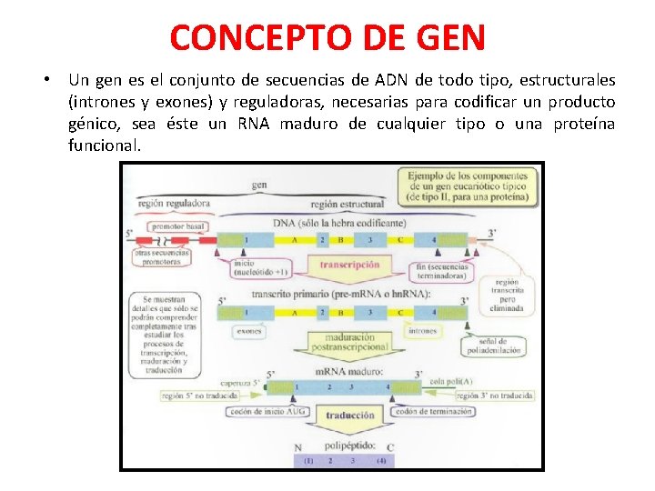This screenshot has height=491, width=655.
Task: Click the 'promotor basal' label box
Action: pyautogui.click(x=178, y=226)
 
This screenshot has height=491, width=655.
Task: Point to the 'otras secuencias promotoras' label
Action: pyautogui.click(x=162, y=256)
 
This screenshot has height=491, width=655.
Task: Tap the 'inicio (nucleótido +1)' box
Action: pyautogui.click(x=261, y=267)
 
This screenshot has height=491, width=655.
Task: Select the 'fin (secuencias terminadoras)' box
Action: pyautogui.click(x=441, y=271)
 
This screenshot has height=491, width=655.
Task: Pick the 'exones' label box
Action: pyautogui.click(x=249, y=331)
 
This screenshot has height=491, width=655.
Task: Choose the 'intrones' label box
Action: pyautogui.click(x=421, y=331)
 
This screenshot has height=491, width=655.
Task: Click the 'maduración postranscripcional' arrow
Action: pyautogui.click(x=350, y=341)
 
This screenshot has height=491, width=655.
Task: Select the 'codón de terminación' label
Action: pyautogui.click(x=432, y=411)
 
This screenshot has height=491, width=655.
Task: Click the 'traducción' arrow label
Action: pyautogui.click(x=350, y=416)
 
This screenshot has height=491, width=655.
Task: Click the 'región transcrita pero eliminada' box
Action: pyautogui.click(x=508, y=295)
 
